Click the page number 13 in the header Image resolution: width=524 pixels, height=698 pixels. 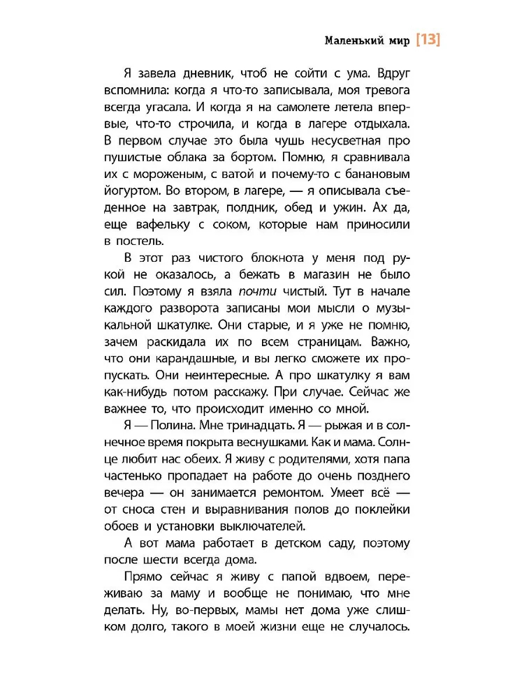(x=428, y=40)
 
